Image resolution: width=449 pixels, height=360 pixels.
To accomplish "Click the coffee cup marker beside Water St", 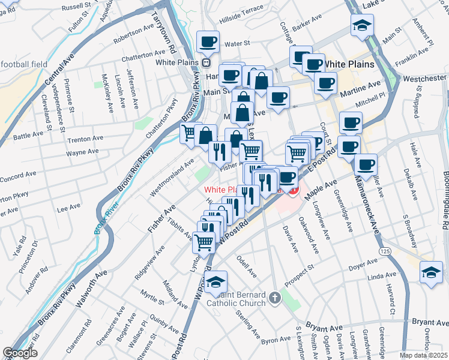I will [x=208, y=42].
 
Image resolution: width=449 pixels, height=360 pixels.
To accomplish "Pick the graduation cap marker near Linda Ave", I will [x=431, y=272].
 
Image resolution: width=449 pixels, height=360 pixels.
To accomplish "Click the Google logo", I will [x=19, y=353].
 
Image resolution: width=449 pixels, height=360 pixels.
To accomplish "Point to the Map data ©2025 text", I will [x=423, y=355].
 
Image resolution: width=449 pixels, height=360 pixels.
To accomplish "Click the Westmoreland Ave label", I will [x=172, y=177].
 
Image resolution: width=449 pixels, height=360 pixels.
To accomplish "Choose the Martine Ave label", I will [x=360, y=89].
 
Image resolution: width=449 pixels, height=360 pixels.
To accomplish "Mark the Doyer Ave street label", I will [x=363, y=262].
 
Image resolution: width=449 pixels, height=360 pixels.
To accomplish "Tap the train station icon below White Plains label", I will [x=206, y=62].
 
